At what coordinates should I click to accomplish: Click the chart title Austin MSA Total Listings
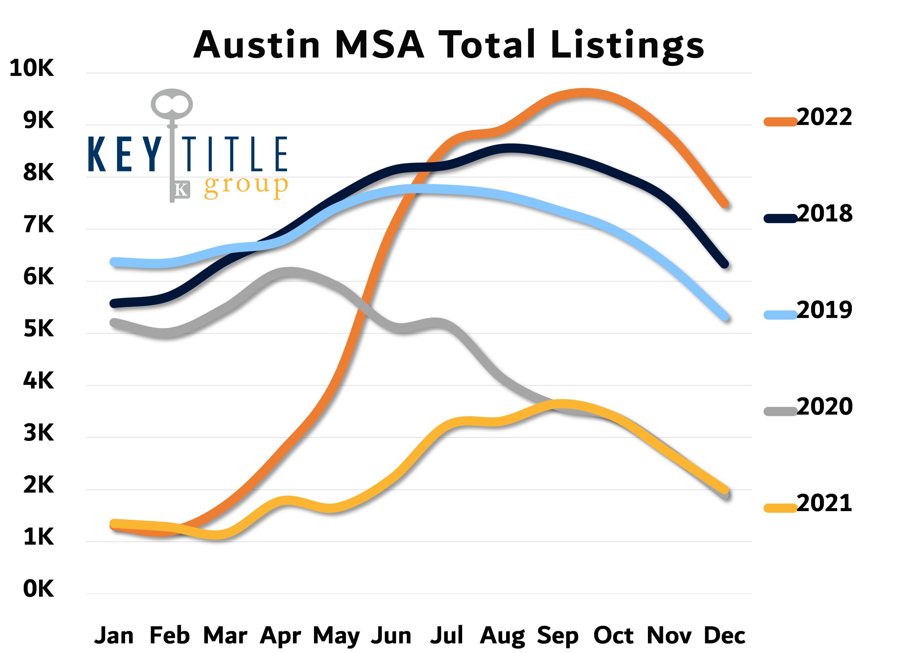(448, 44)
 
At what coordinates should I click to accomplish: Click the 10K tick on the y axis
(32, 68)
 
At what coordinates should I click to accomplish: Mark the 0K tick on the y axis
(38, 589)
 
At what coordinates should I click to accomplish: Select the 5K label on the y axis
(38, 329)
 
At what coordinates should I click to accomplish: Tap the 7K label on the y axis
(38, 225)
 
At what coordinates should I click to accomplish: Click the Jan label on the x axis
(114, 635)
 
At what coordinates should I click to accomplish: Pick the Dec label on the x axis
(724, 635)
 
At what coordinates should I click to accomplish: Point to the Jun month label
(391, 635)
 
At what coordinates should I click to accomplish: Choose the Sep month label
(558, 635)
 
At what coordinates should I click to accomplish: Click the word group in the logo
(246, 186)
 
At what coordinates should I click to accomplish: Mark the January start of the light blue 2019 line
(114, 262)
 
